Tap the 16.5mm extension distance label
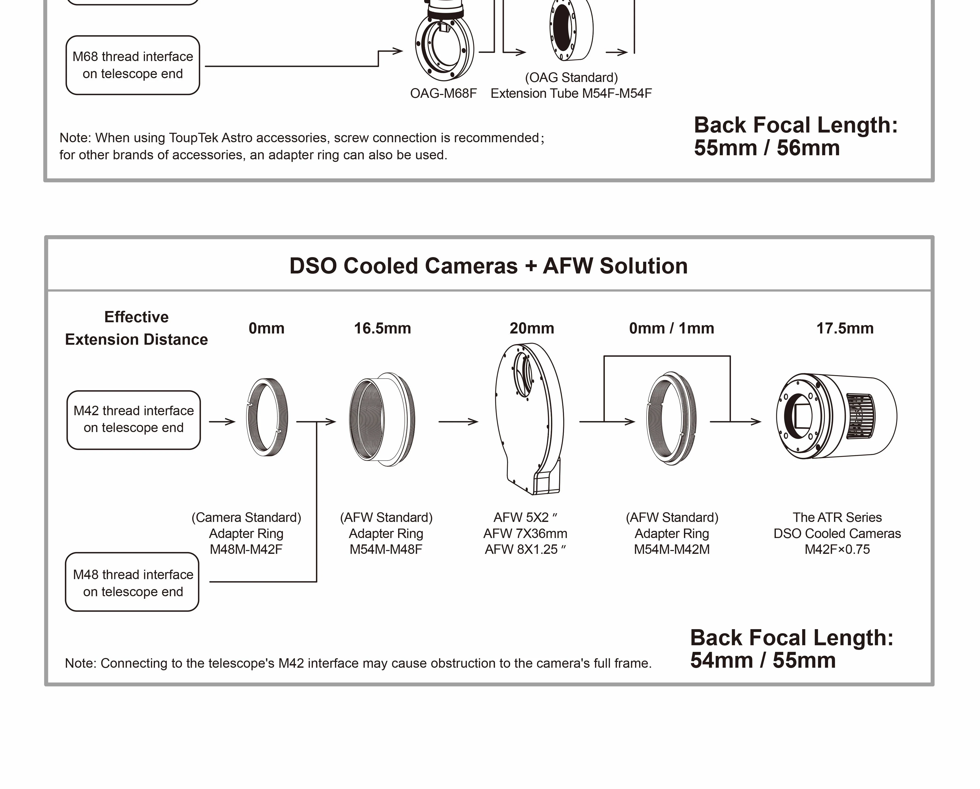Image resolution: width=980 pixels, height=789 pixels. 382,328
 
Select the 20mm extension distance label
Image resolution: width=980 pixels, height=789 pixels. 531,328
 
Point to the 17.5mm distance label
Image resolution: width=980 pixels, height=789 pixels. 844,328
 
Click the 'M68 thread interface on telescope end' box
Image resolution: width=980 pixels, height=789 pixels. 133,65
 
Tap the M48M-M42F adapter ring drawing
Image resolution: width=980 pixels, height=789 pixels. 267,417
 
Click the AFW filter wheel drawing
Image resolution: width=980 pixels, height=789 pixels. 530,419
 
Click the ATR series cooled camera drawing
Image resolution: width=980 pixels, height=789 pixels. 836,416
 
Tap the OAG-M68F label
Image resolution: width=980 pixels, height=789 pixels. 443,93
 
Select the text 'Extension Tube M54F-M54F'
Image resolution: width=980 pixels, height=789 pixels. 571,93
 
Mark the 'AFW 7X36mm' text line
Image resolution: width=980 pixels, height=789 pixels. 525,533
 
